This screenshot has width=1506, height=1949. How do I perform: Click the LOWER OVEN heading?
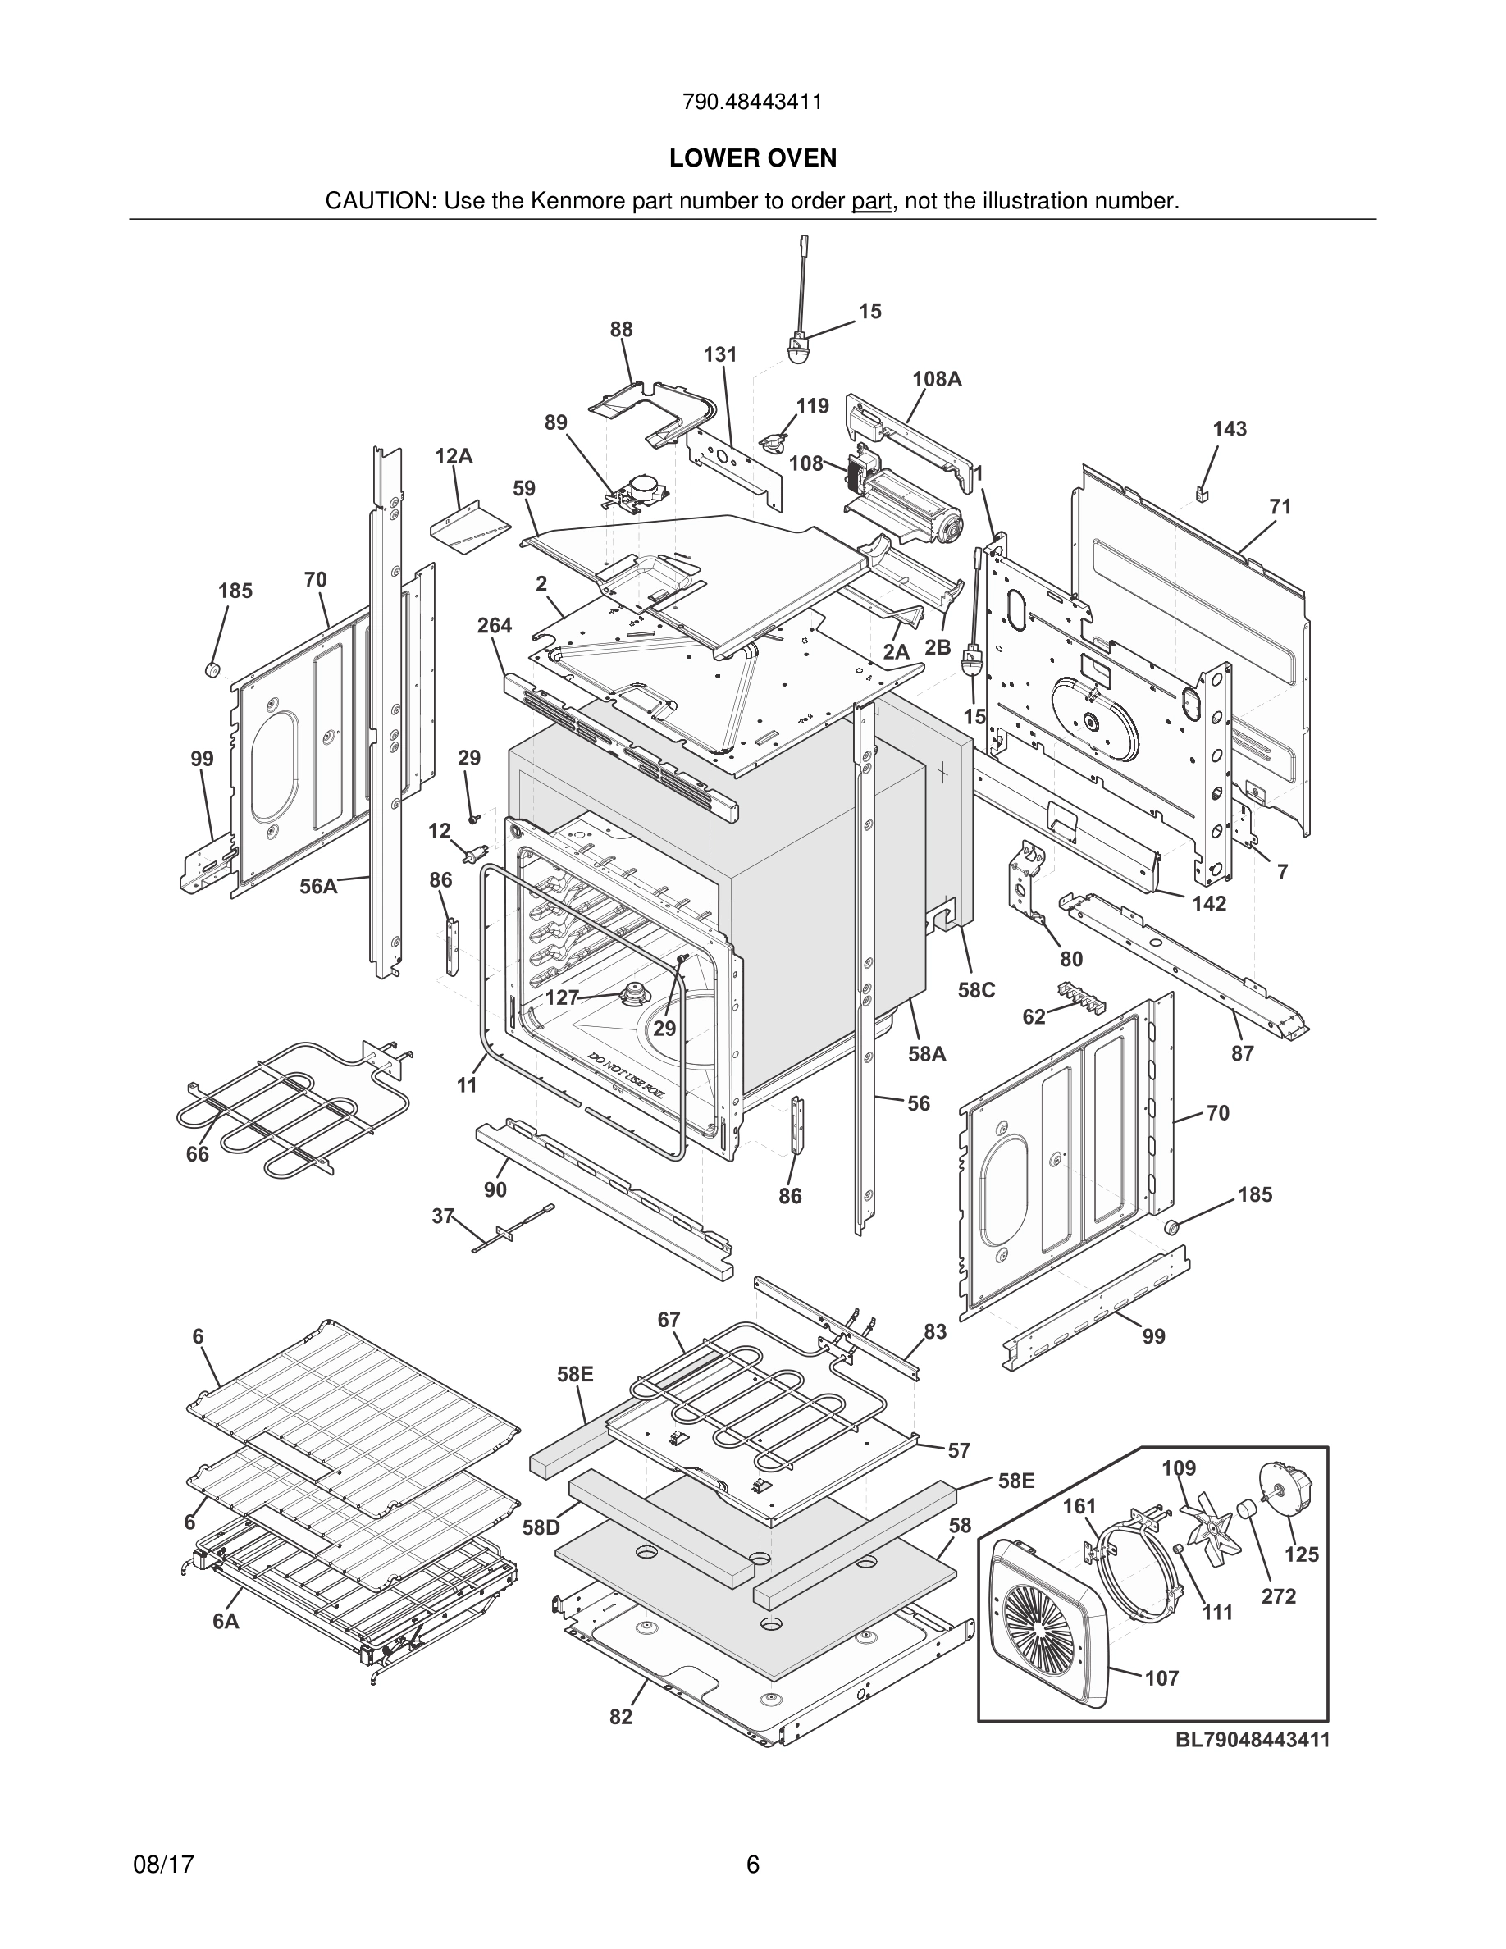coord(753,158)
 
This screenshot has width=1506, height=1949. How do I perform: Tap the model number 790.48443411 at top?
coord(752,102)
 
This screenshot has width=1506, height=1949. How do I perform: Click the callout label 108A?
coord(937,378)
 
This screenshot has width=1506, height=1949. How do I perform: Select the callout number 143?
coord(1230,429)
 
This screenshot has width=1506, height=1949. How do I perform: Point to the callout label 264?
coord(495,626)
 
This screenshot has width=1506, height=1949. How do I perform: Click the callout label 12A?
coord(454,456)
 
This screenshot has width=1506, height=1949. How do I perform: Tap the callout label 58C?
coord(976,991)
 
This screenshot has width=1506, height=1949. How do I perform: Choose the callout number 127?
coord(562,997)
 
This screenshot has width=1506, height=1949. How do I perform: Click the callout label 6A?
coord(226,1622)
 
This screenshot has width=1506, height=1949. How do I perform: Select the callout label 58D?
coord(541,1529)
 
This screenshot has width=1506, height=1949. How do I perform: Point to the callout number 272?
coord(1279,1596)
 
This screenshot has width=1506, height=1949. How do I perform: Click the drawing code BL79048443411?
coord(1252,1739)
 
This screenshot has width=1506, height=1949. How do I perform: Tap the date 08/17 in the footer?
coord(163,1865)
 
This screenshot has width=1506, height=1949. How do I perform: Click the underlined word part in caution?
coord(871,202)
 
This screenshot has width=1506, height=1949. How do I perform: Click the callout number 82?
coord(621,1717)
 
